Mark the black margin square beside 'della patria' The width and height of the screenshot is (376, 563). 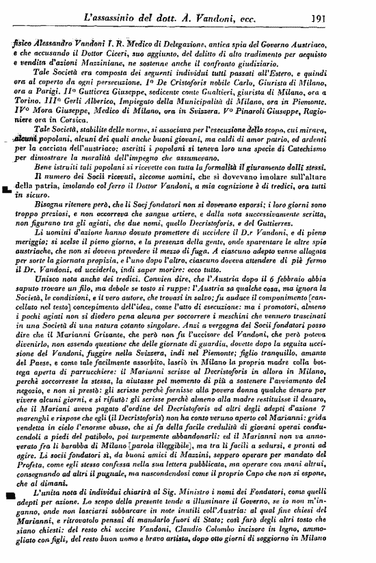pyautogui.click(x=7, y=189)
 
